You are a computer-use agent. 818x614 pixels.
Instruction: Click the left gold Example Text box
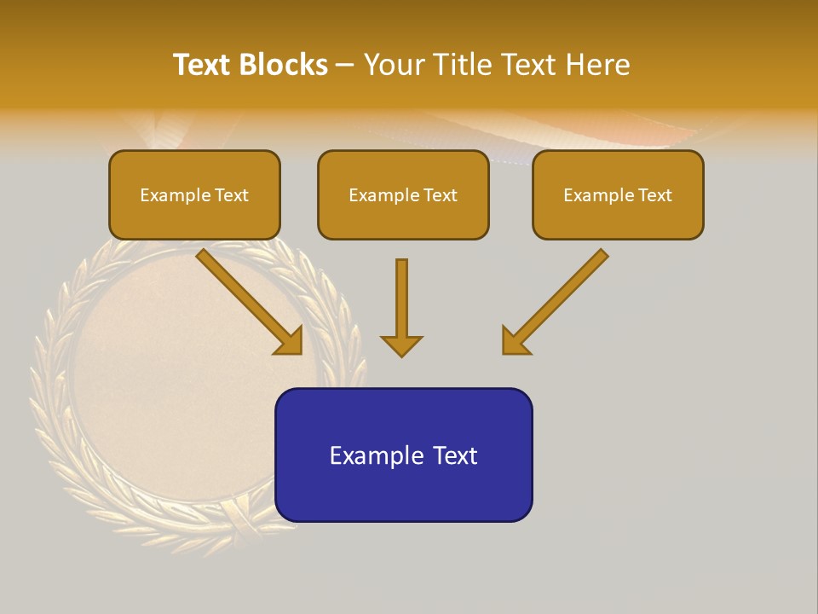194,194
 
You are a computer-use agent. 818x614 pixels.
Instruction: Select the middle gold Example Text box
403,194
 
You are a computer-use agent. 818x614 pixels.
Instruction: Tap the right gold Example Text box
618,194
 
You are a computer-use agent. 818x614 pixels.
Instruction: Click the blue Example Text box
403,455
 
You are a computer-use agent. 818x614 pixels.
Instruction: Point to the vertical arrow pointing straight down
401,307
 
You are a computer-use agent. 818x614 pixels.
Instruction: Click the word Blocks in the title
284,65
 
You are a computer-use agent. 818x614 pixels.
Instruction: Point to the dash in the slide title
345,65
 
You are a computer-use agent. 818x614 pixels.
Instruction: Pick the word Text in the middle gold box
440,195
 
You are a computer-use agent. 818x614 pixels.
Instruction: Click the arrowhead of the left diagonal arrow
290,341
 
